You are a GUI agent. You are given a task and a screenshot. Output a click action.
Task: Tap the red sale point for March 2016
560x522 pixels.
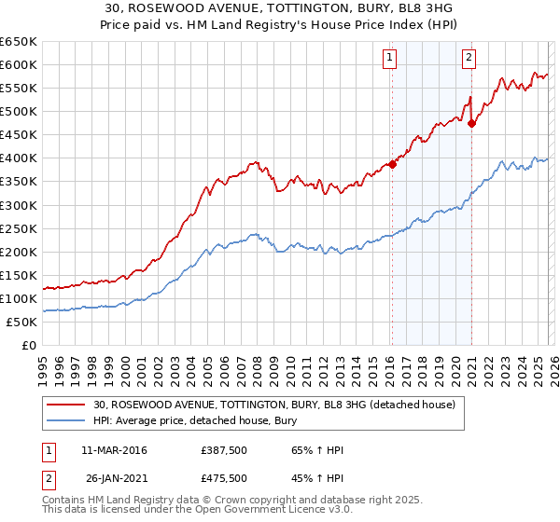392,164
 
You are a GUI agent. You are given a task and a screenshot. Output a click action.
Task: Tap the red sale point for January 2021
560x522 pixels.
472,122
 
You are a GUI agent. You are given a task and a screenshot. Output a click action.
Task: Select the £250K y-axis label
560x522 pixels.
19,228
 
